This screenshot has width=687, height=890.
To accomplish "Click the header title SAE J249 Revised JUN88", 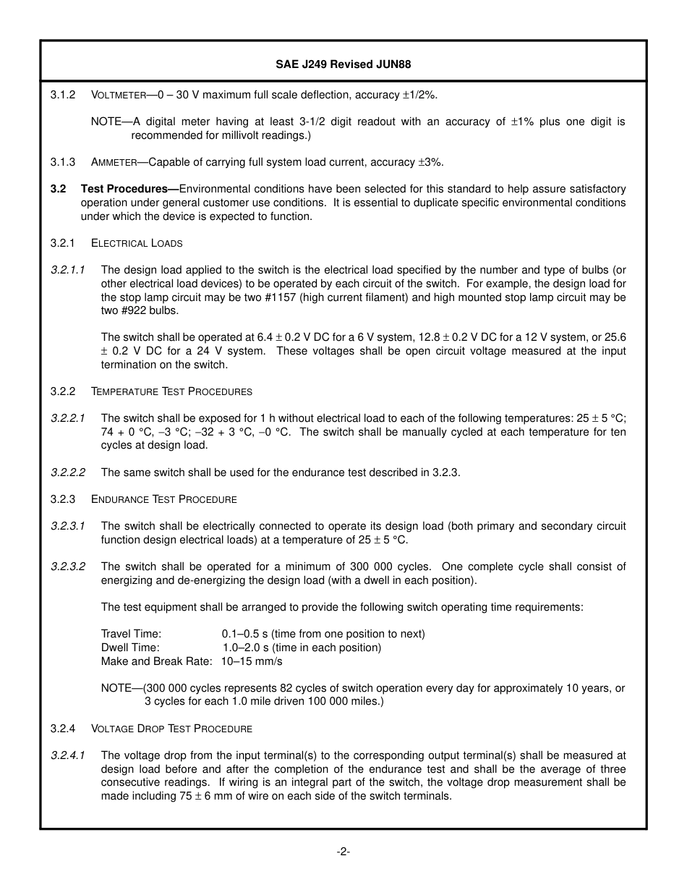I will pyautogui.click(x=343, y=64).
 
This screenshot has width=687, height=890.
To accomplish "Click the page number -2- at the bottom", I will pyautogui.click(x=343, y=852).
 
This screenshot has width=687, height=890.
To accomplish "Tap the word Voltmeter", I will pyautogui.click(x=119, y=95).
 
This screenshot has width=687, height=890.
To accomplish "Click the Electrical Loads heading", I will pyautogui.click(x=137, y=243).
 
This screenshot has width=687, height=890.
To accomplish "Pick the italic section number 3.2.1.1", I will pyautogui.click(x=68, y=270).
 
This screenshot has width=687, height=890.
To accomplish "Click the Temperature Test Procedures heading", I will pyautogui.click(x=171, y=391).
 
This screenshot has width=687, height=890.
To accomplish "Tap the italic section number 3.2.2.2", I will pyautogui.click(x=68, y=472).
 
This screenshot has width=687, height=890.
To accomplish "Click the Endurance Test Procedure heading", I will pyautogui.click(x=164, y=499).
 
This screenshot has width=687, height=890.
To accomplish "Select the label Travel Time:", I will pyautogui.click(x=131, y=634).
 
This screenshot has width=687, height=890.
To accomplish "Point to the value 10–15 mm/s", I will pyautogui.click(x=252, y=661).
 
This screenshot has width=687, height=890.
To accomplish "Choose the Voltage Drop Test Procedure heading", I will pyautogui.click(x=171, y=729).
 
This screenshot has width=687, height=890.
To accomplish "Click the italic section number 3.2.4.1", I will pyautogui.click(x=68, y=755).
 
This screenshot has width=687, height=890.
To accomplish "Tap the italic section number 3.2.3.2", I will pyautogui.click(x=68, y=567).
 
